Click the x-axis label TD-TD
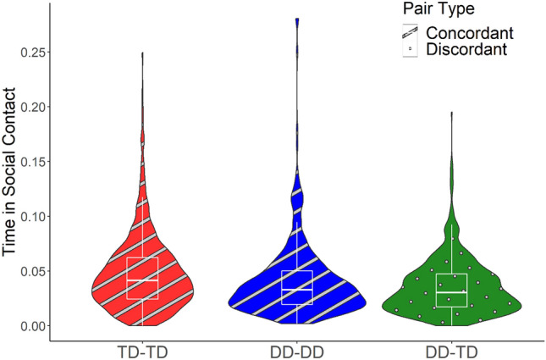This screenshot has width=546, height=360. coord(141,350)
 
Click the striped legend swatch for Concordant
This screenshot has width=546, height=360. coord(410,32)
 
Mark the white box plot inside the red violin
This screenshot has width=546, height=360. coord(142,278)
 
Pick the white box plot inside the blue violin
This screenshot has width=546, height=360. coord(297,286)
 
